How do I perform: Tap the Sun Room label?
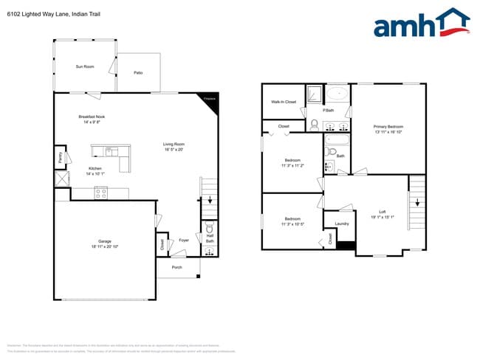(85, 66)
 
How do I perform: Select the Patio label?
(138, 72)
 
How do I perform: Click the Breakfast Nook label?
(92, 117)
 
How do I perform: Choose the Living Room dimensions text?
(174, 150)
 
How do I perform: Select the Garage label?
(105, 242)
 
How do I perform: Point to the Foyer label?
(184, 240)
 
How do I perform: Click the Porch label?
(176, 267)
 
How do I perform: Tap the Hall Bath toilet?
(209, 228)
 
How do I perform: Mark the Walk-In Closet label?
(284, 102)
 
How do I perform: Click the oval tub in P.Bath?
(337, 94)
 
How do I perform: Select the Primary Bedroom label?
(388, 127)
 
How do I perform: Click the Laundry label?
(341, 224)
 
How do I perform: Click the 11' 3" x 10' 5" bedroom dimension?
(293, 224)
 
